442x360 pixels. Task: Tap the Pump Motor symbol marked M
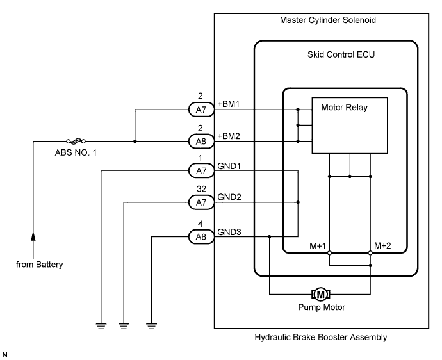(320, 294)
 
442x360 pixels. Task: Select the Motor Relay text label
(345, 107)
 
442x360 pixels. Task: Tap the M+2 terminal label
(383, 246)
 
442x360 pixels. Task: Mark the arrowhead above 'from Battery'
(33, 238)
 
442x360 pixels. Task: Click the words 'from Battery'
(39, 265)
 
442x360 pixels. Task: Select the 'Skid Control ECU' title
(337, 54)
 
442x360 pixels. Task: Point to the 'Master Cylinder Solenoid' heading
(327, 20)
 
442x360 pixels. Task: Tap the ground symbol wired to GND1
(101, 324)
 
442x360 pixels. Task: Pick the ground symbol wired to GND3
(152, 324)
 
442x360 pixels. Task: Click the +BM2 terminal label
(229, 135)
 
